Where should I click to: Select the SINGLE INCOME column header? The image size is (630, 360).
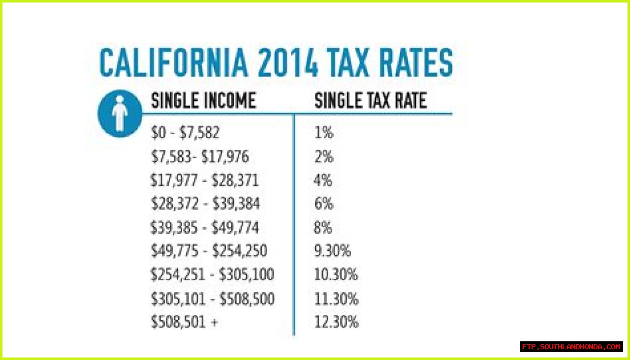203,101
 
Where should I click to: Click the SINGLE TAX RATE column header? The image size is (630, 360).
370,101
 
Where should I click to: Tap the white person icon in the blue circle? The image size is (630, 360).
120,113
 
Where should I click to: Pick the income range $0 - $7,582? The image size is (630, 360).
185,133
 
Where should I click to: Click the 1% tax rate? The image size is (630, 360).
323,133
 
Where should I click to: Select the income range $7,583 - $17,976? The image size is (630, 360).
200,157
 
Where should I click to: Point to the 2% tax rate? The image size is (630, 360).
323,157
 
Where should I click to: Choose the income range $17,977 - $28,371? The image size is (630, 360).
204,180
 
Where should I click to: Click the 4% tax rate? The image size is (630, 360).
323,180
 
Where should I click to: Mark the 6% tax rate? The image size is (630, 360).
323,204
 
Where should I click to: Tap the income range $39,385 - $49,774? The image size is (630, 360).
205,228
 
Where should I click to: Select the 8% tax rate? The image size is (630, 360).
323,228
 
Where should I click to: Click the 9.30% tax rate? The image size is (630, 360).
332,251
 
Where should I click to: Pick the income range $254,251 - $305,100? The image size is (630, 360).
212,275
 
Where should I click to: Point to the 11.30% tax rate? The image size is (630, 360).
336,299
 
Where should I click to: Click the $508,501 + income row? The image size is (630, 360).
184,323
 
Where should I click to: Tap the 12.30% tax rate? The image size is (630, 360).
336,323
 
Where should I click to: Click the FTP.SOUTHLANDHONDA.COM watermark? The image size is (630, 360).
571,347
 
